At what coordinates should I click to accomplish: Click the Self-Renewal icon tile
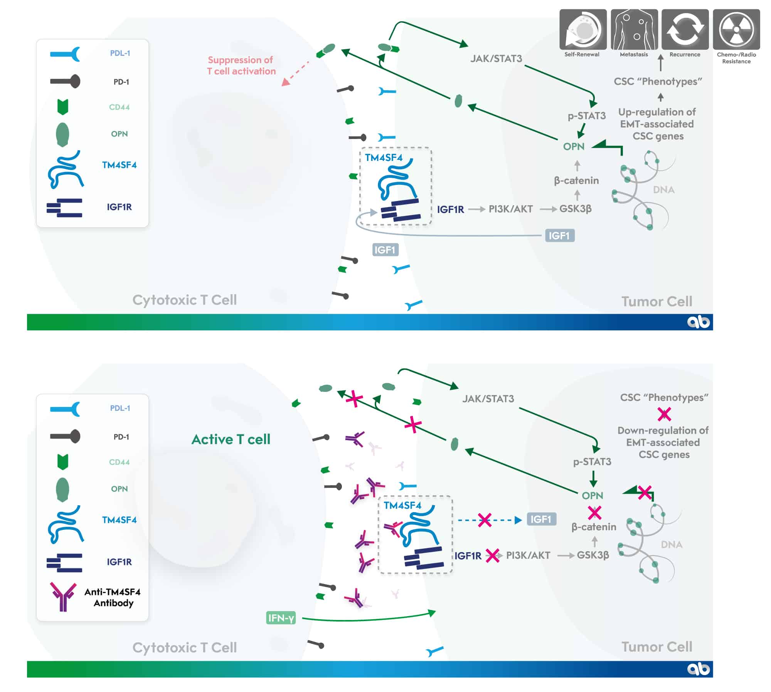(582, 30)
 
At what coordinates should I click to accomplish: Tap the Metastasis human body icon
(634, 30)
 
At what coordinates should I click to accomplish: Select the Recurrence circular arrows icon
(685, 30)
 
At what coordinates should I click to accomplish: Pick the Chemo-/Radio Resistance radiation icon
(736, 30)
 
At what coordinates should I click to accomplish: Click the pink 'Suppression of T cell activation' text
(241, 65)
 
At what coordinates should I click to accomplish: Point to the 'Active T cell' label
(231, 439)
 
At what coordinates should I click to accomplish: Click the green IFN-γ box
(281, 618)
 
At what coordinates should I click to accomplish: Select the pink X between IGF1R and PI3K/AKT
(492, 555)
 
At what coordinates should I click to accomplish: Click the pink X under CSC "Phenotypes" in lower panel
(664, 414)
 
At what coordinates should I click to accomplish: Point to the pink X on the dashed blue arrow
(485, 520)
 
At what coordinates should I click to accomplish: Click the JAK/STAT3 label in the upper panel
(496, 59)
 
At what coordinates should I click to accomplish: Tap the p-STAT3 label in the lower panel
(592, 461)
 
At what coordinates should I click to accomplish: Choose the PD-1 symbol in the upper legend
(65, 82)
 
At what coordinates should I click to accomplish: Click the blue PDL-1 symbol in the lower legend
(65, 409)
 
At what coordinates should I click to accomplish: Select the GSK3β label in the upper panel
(575, 209)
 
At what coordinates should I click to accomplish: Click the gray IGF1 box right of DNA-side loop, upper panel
(559, 235)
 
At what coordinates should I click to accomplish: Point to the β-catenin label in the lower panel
(594, 527)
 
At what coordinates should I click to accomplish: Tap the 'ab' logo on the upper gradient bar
(698, 322)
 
